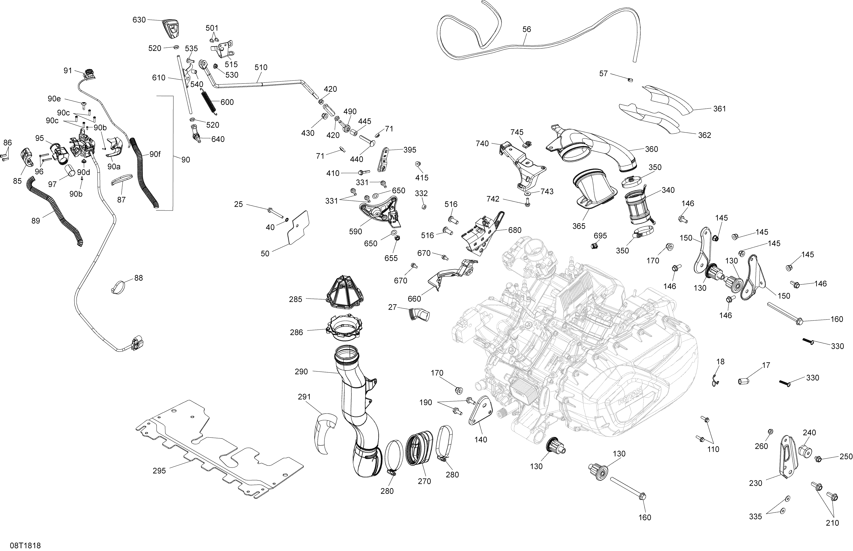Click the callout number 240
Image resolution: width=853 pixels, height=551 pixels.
coord(809,433)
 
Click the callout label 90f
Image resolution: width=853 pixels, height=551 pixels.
coord(155,154)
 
